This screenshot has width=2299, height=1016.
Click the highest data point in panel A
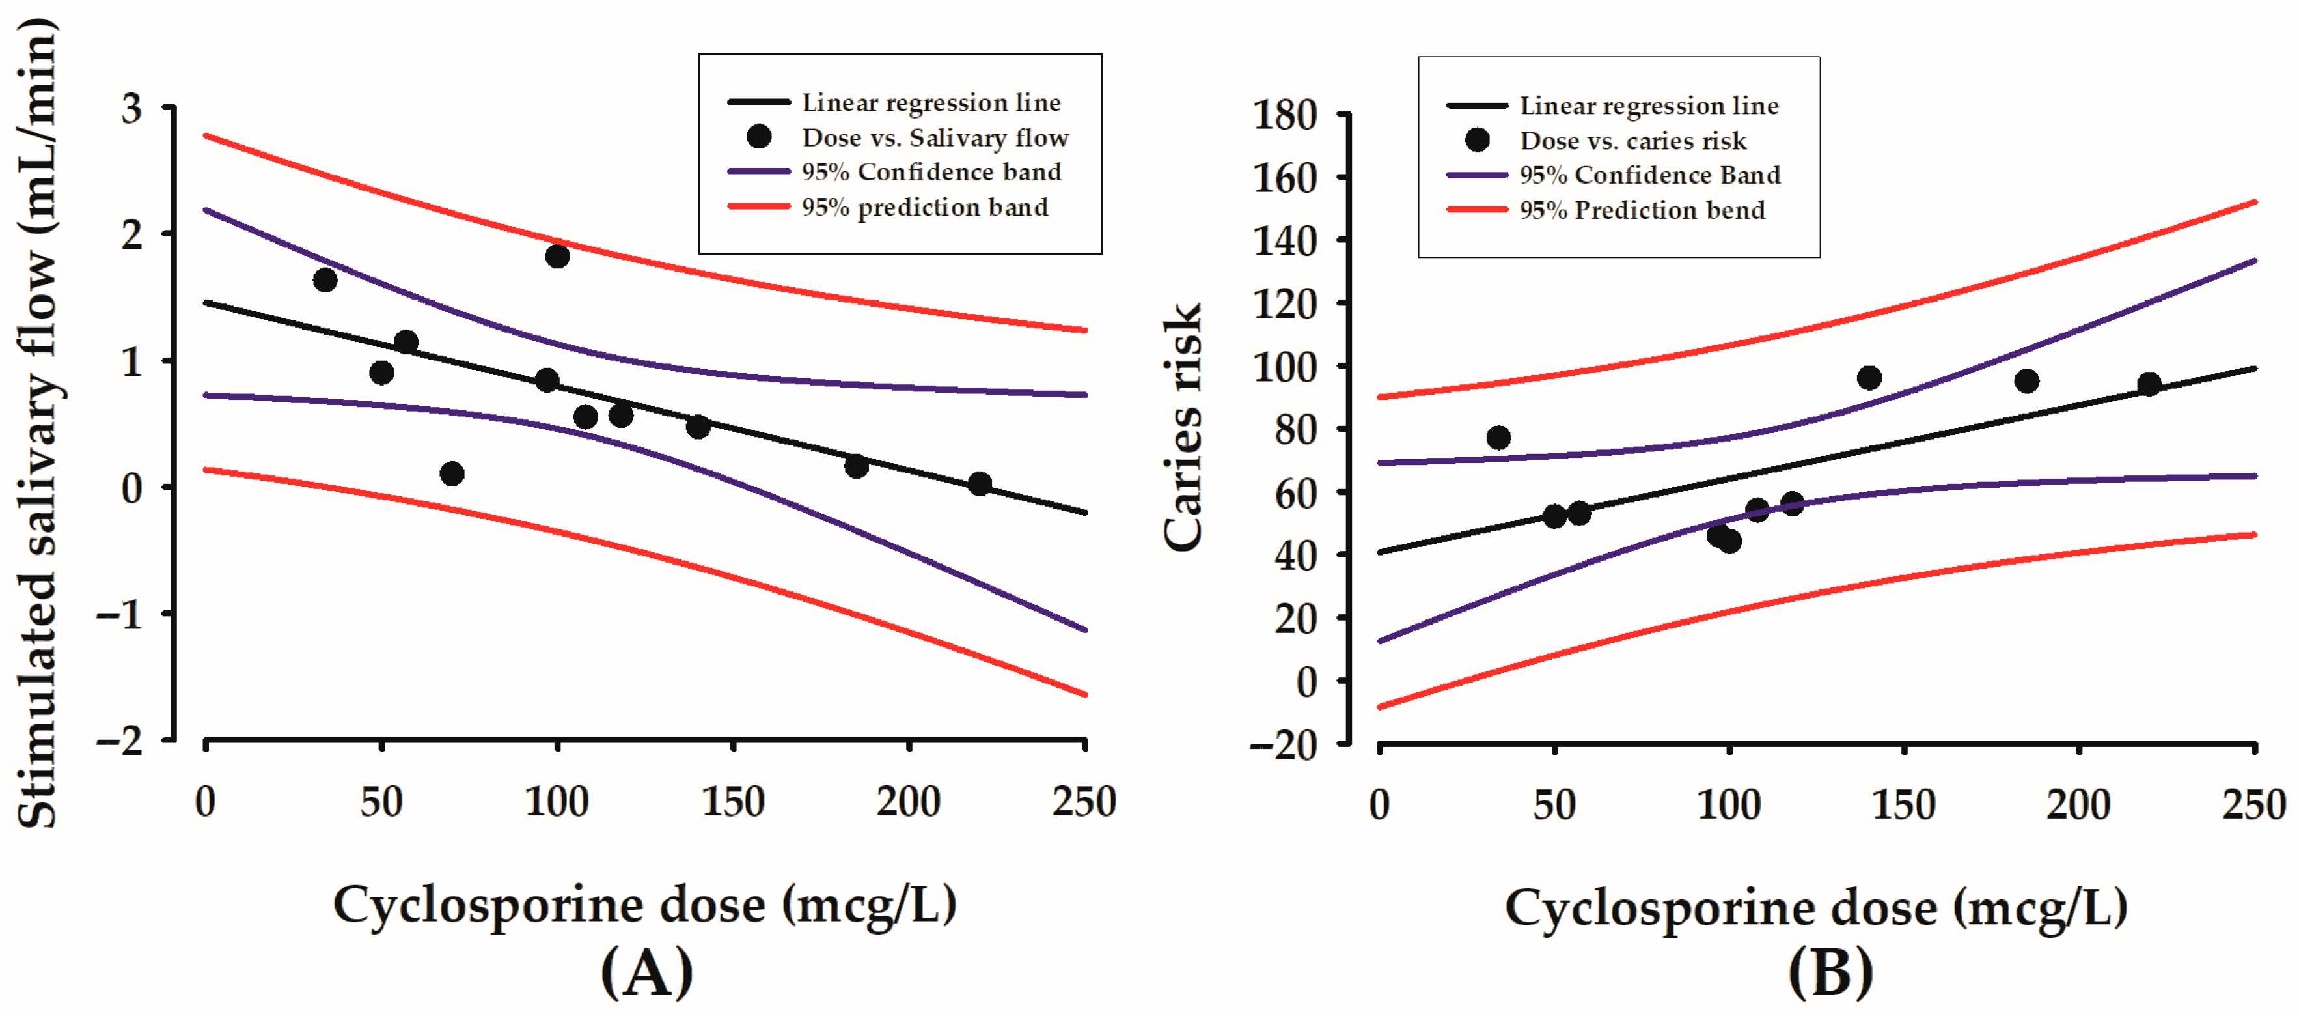(x=557, y=256)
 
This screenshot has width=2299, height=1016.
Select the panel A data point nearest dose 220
(x=979, y=484)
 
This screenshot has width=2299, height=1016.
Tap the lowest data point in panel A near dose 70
(x=452, y=473)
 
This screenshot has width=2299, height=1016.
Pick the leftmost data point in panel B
(x=1498, y=438)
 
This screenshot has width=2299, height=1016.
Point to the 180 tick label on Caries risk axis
(x=1285, y=116)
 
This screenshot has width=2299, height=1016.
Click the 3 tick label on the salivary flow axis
(x=132, y=109)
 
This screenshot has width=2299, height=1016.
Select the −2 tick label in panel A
(x=121, y=740)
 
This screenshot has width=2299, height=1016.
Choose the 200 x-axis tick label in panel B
(x=2078, y=805)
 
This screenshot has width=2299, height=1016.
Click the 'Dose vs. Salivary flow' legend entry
(x=935, y=137)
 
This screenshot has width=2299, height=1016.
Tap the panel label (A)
(x=647, y=972)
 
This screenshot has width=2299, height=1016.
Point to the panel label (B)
(x=1830, y=972)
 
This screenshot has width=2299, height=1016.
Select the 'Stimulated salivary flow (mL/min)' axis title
(x=38, y=424)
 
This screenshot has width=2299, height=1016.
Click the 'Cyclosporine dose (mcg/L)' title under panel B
(x=1816, y=908)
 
